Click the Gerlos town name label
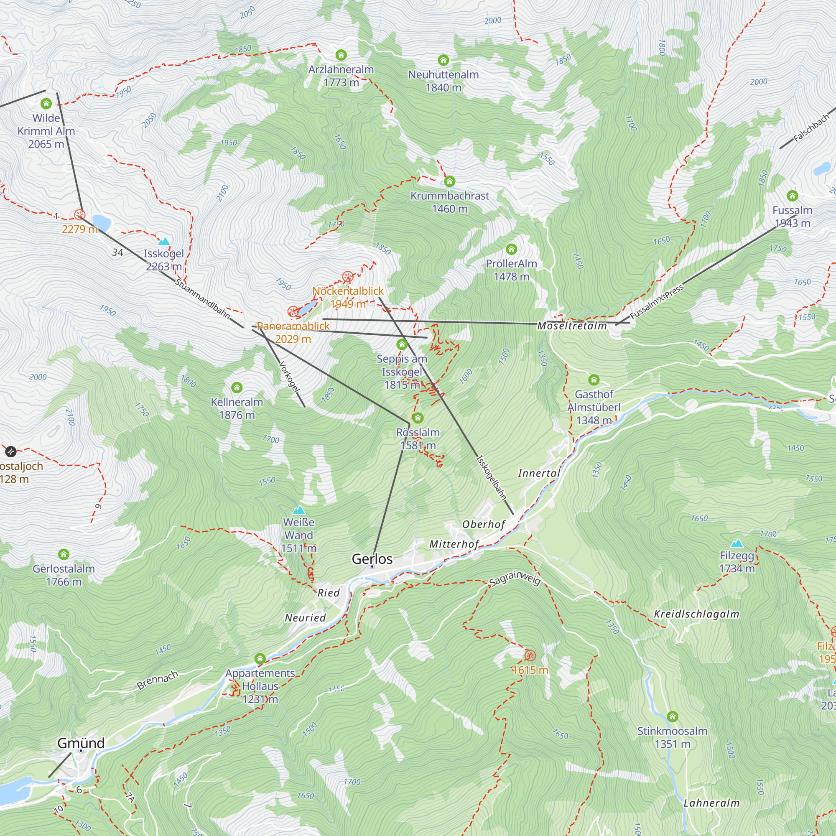click(x=372, y=559)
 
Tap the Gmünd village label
click(x=81, y=743)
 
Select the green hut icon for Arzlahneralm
click(x=341, y=55)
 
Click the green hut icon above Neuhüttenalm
click(x=443, y=60)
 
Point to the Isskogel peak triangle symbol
click(x=164, y=242)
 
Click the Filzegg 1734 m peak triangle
click(x=737, y=543)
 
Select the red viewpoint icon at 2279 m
click(x=79, y=214)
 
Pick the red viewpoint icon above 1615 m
click(x=530, y=655)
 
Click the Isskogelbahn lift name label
click(x=491, y=478)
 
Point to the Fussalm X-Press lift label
click(x=657, y=302)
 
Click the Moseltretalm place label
click(x=572, y=326)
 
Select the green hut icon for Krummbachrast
click(x=450, y=181)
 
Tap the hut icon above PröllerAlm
click(x=512, y=249)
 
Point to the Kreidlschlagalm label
click(x=696, y=614)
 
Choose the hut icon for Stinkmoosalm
click(x=672, y=716)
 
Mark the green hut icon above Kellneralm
click(x=237, y=388)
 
